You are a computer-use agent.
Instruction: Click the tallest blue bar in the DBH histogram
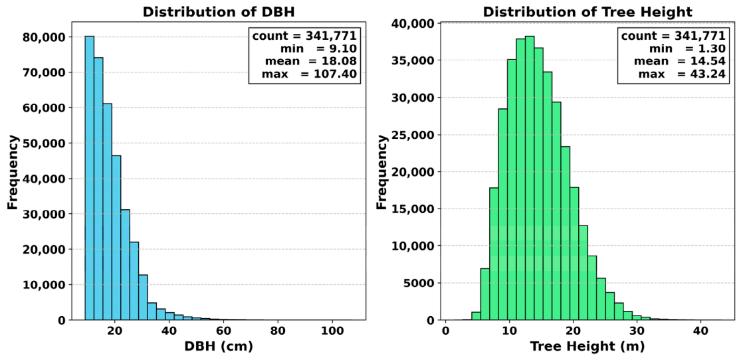click(89, 178)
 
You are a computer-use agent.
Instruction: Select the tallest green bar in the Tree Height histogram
click(529, 178)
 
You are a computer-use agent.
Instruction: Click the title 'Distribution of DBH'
click(219, 13)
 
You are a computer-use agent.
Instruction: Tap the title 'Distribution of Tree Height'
click(587, 13)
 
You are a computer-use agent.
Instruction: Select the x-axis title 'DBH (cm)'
click(219, 346)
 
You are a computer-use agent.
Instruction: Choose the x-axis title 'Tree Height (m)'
click(587, 346)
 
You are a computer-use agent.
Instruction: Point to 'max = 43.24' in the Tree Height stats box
click(681, 74)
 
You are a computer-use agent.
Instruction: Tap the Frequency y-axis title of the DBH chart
click(13, 172)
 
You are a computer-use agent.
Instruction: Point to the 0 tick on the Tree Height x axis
click(445, 329)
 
